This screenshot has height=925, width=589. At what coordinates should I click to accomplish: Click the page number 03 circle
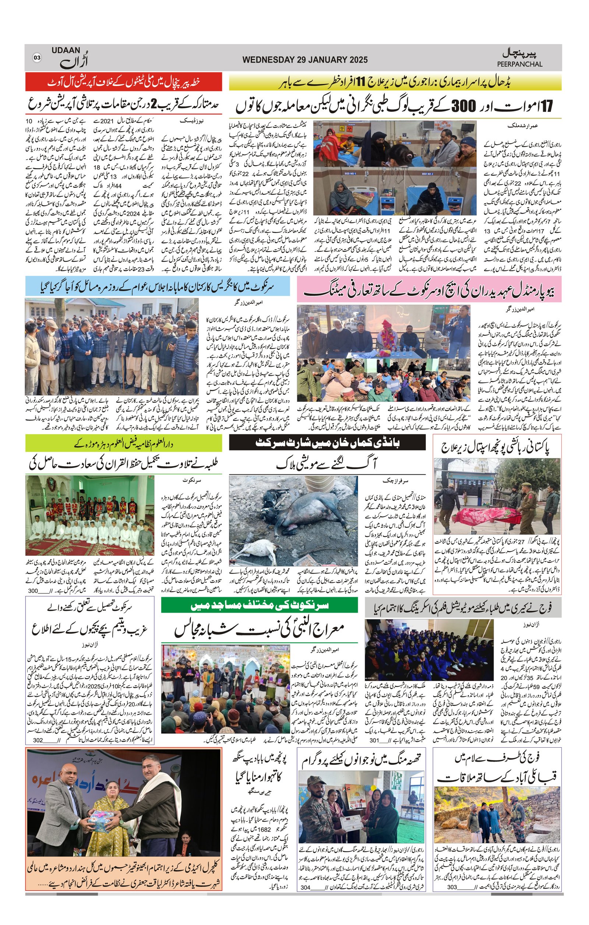(37, 58)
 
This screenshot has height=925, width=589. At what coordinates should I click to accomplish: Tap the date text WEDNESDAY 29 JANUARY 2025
(305, 60)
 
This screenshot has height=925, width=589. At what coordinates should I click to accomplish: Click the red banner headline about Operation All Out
(124, 82)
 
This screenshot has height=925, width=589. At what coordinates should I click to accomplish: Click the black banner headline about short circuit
(327, 443)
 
